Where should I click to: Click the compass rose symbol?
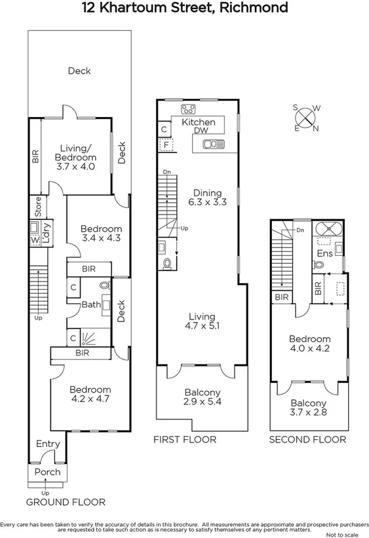tap(306, 118)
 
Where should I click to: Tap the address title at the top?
tap(184, 9)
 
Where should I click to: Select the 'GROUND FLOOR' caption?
tap(66, 503)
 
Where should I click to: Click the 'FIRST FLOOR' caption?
tap(184, 439)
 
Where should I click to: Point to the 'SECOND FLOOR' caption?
tap(307, 439)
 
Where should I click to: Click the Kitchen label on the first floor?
tap(198, 122)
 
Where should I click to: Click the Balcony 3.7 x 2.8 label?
tap(307, 408)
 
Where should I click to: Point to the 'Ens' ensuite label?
tap(324, 253)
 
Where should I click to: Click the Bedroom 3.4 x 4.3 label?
tap(96, 234)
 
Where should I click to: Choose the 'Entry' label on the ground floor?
tap(48, 444)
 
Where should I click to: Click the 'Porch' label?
tap(47, 472)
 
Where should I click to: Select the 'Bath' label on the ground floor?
tap(90, 304)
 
